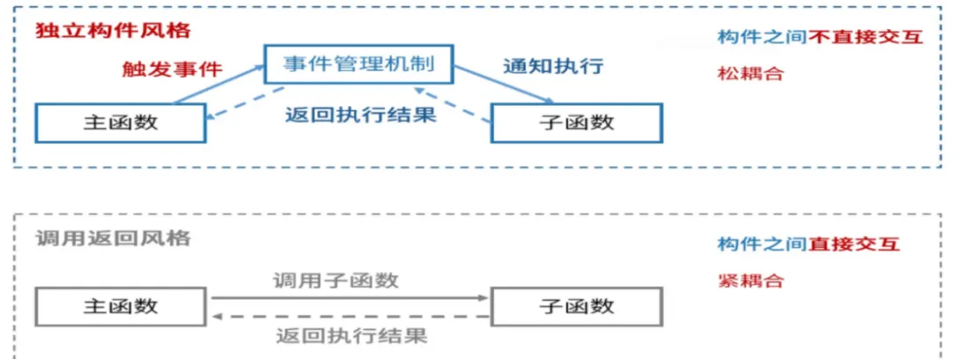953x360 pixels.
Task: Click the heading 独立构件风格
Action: tap(113, 30)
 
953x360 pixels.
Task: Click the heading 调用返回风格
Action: tap(113, 238)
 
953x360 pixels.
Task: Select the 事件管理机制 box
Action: tap(357, 64)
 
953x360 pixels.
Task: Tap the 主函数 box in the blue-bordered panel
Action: tap(121, 123)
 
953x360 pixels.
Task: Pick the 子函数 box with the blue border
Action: tap(576, 123)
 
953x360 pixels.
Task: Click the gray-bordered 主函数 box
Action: tap(121, 306)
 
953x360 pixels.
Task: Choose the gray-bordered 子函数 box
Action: tap(576, 306)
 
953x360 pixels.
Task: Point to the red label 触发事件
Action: tap(173, 69)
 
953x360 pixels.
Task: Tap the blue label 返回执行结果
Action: tap(361, 115)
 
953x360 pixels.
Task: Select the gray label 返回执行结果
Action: tap(351, 335)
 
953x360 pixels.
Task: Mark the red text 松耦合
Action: tap(750, 73)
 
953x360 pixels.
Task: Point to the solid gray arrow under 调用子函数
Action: tap(349, 297)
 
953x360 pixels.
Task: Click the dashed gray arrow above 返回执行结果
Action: tap(349, 316)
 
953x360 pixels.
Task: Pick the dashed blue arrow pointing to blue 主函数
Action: tap(247, 104)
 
